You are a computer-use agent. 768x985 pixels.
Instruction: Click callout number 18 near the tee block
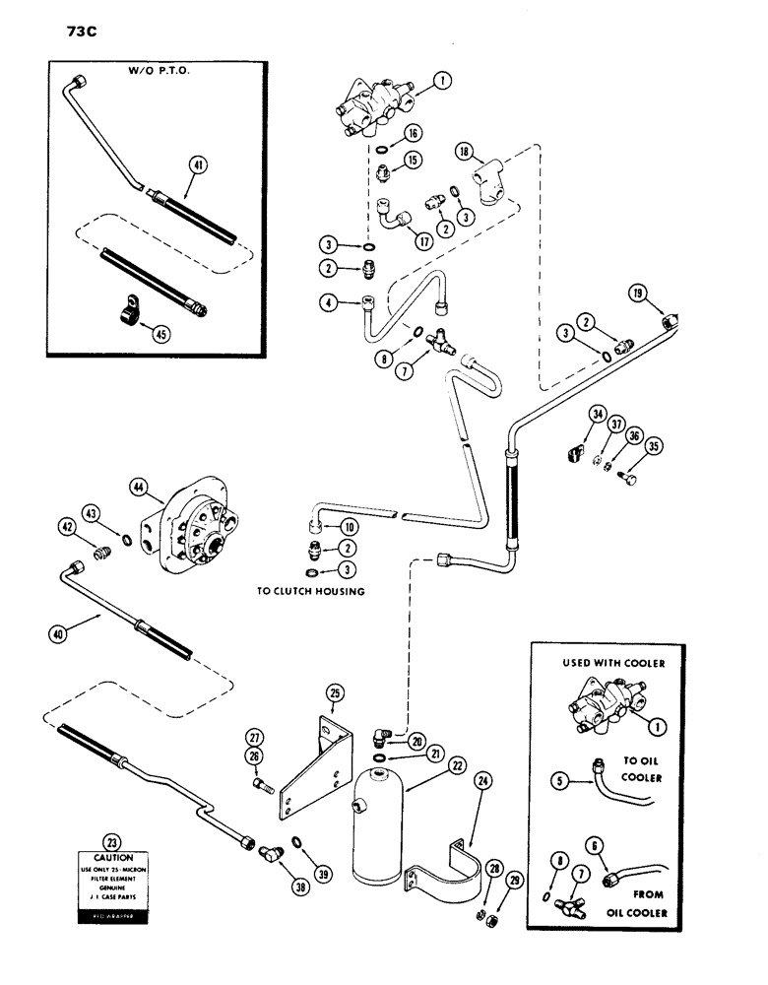coord(465,151)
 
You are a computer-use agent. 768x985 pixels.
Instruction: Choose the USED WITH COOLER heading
coord(613,663)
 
